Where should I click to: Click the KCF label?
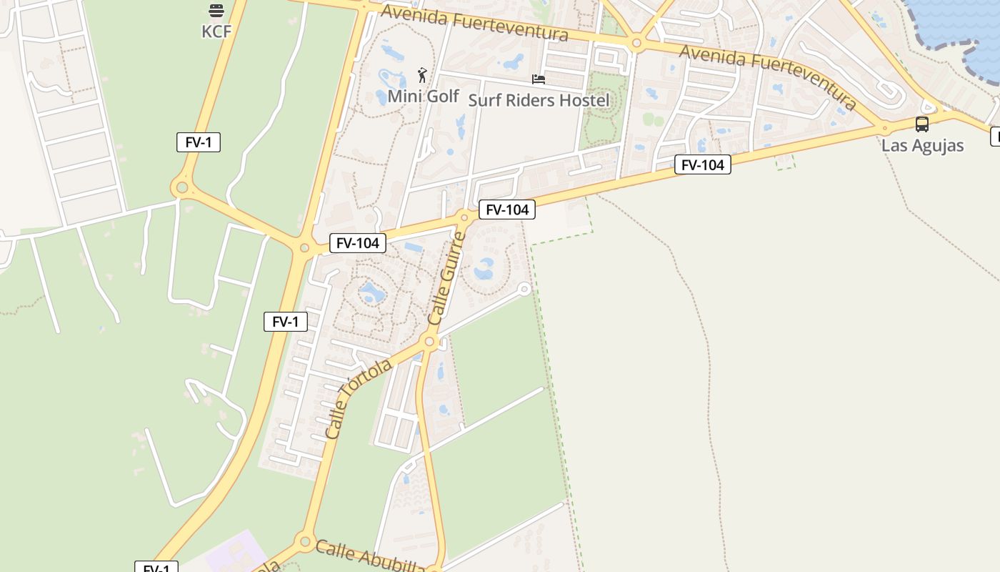tap(216, 31)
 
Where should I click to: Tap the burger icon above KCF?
tap(216, 11)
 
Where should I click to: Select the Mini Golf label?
tap(423, 96)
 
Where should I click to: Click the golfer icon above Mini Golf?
tap(422, 75)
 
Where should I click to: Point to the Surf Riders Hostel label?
tap(539, 100)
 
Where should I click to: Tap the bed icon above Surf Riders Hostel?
tap(539, 79)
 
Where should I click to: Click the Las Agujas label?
tap(922, 145)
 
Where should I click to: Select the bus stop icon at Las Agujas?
tap(922, 124)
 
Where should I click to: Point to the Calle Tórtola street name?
tap(358, 399)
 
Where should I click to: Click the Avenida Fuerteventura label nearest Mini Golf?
tap(474, 23)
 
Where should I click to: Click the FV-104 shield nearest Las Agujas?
tap(702, 165)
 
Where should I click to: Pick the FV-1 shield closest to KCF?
tap(199, 142)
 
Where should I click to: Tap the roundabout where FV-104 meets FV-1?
tap(304, 248)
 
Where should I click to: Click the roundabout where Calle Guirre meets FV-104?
tap(464, 217)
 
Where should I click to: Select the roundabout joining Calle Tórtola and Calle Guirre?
tap(429, 342)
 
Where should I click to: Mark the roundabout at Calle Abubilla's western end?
tap(305, 541)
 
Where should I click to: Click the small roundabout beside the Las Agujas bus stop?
tap(884, 129)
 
